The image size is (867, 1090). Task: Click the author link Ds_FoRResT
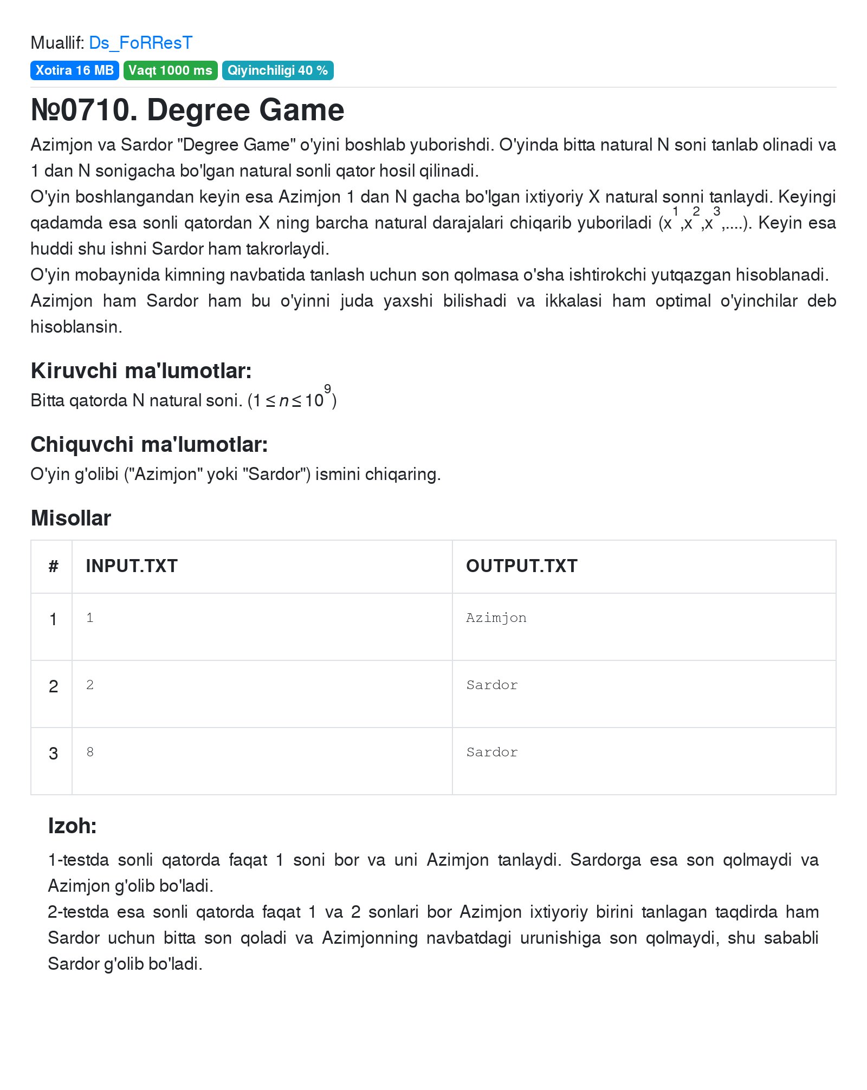pos(140,43)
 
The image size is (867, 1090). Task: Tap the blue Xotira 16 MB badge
pos(74,70)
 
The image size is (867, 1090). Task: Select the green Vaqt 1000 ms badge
pos(170,70)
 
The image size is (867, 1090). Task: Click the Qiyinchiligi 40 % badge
pos(277,70)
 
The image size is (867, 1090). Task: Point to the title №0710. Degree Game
pos(187,110)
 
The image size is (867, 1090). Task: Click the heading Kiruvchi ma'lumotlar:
pos(141,371)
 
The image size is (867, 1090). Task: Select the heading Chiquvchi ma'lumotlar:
pos(149,445)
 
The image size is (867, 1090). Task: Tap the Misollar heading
pos(71,518)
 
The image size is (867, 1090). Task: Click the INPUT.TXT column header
pos(132,566)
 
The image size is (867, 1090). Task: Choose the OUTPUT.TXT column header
pos(521,566)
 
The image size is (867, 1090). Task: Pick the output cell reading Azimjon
pos(496,618)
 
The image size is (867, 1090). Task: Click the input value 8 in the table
pos(90,752)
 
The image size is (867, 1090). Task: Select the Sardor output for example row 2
pos(491,685)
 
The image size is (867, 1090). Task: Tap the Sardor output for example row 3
pos(491,752)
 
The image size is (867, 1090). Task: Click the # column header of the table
pos(53,566)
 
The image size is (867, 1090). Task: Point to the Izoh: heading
pos(72,826)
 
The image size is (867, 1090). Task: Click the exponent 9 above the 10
pos(327,389)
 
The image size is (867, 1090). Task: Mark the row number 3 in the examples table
pos(53,754)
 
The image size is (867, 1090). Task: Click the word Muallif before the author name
pos(57,43)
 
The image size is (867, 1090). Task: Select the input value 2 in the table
pos(90,685)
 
